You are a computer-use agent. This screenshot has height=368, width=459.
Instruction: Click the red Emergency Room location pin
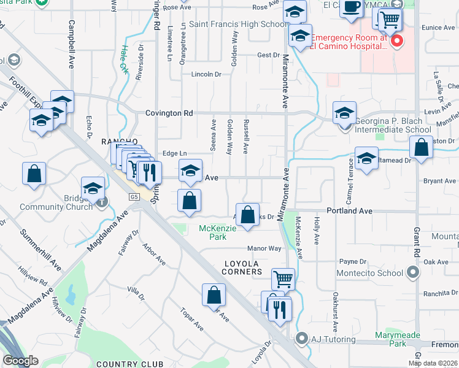397,42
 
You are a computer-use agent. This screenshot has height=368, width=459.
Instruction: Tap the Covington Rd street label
169,113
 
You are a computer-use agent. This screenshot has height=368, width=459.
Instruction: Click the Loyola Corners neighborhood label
242,267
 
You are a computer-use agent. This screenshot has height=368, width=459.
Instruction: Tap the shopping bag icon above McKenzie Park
248,215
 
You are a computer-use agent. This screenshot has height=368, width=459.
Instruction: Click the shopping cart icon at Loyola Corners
283,280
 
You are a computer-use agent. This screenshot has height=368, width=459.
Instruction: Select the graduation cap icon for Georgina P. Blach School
345,113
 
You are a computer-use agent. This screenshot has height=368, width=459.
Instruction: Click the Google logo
20,360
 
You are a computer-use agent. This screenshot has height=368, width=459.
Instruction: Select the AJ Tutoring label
333,339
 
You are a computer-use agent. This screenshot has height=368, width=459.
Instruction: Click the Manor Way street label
264,248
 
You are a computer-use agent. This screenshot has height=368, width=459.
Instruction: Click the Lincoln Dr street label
206,74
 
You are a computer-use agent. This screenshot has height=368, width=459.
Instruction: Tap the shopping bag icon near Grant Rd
421,148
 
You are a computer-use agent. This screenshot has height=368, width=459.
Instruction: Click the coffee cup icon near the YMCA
351,7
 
